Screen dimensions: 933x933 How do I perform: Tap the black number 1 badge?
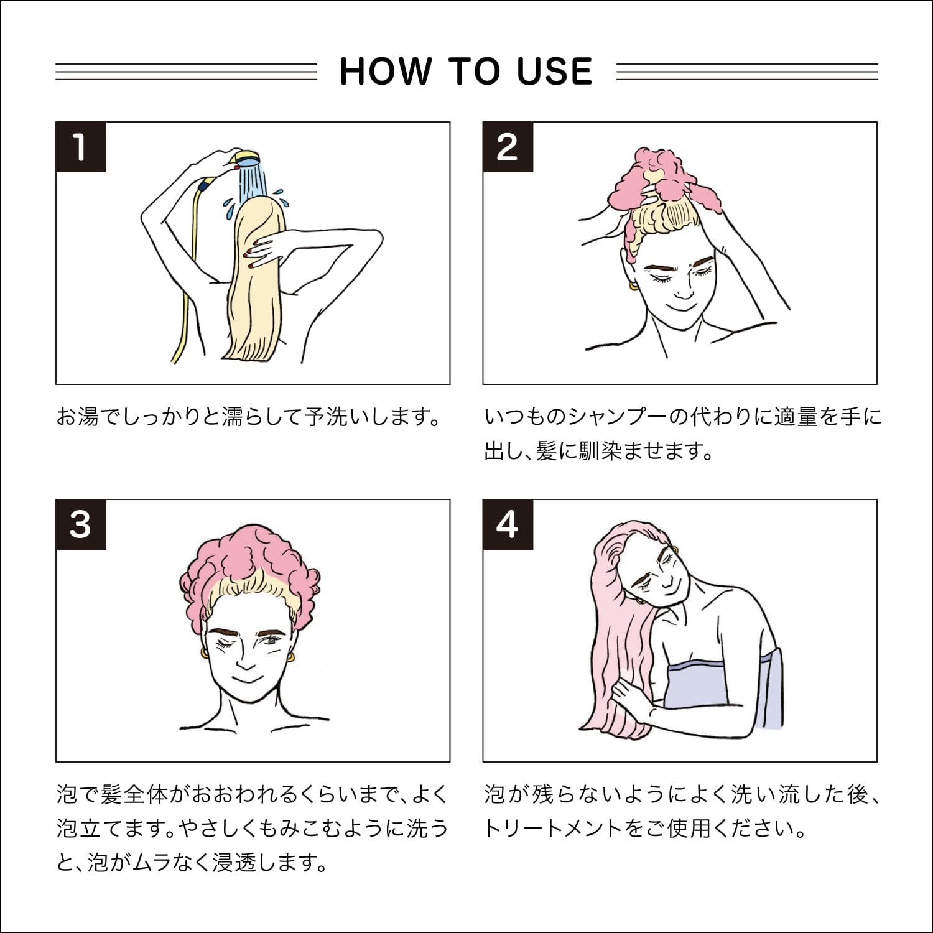click(x=81, y=147)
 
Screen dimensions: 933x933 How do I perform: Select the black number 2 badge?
click(x=508, y=147)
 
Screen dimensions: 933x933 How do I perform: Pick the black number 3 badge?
click(x=81, y=525)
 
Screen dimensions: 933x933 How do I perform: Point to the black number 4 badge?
click(x=508, y=525)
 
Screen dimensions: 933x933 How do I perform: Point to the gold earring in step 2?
click(x=632, y=286)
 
